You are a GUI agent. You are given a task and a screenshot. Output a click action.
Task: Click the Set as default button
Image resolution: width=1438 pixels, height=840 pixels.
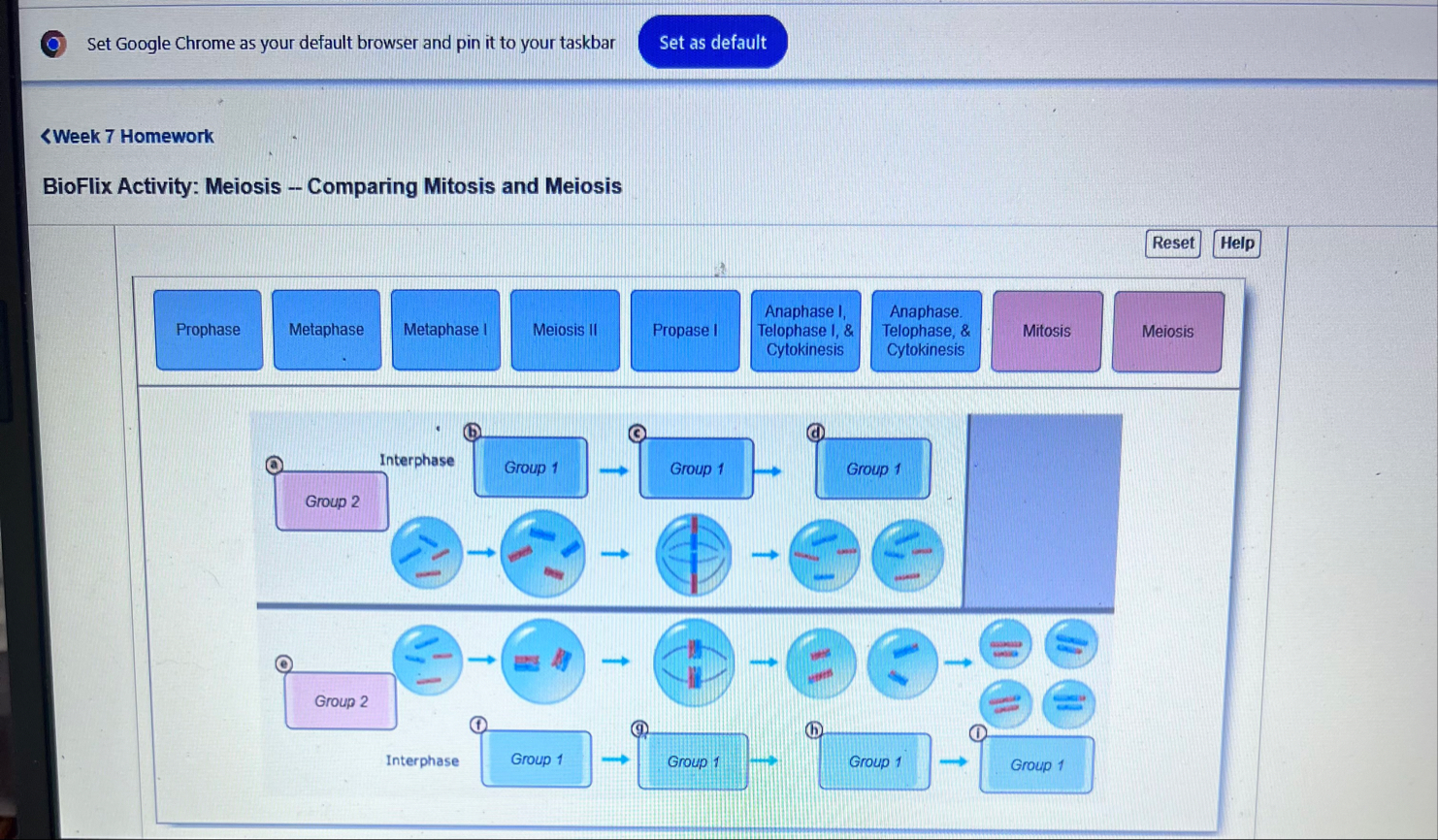[x=712, y=43]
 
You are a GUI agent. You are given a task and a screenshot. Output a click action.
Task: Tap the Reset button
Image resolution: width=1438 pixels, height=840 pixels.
[x=1172, y=243]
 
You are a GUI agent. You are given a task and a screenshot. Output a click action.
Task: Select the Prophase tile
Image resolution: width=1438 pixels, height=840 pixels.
[x=208, y=330]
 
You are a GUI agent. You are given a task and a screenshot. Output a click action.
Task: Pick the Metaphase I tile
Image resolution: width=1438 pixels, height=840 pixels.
[x=445, y=330]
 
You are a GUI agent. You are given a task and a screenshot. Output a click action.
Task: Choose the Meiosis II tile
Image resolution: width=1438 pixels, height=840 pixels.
[x=565, y=330]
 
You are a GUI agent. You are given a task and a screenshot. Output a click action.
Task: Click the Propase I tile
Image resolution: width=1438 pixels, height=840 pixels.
[x=684, y=331]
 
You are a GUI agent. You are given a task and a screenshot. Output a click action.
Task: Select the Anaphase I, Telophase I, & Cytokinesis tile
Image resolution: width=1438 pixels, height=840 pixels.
[x=804, y=331]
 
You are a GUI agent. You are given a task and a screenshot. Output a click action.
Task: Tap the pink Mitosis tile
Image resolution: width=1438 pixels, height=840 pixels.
[x=1046, y=332]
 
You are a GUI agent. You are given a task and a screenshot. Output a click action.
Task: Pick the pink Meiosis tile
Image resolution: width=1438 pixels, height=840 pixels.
[x=1167, y=332]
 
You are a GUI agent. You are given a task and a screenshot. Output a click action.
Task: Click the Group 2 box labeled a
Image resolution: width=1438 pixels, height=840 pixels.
[x=332, y=501]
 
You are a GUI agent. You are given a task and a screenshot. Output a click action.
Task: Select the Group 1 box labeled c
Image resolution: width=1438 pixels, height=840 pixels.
[x=696, y=468]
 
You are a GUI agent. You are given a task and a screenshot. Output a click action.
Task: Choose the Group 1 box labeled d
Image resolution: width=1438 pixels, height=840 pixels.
[x=872, y=469]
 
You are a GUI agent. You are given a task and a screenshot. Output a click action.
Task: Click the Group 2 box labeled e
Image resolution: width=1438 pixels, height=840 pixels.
[x=341, y=701]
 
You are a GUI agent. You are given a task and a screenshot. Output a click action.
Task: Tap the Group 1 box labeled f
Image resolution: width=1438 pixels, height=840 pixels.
[x=536, y=759]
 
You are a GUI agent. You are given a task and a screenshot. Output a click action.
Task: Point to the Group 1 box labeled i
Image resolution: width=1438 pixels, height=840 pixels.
[x=1036, y=765]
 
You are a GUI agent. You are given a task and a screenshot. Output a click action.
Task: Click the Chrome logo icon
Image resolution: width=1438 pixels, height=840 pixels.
[x=53, y=44]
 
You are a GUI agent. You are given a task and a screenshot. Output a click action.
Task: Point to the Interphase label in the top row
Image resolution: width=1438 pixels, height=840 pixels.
[x=416, y=460]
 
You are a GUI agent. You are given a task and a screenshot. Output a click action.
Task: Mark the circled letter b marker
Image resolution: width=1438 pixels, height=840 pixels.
[x=472, y=432]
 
